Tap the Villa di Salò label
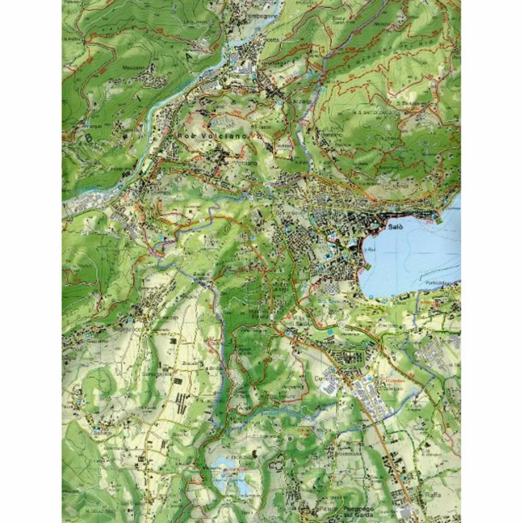[x=298, y=324]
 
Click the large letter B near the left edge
[x=89, y=140]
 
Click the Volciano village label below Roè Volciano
[x=232, y=162]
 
